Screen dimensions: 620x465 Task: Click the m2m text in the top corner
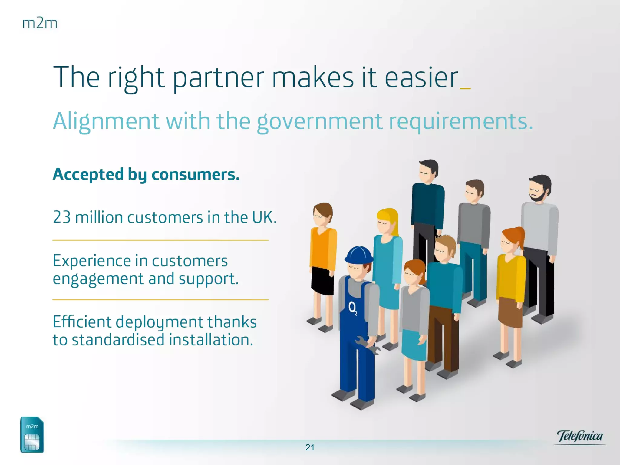40,23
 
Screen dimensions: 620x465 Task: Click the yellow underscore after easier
465,88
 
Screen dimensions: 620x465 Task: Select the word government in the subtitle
319,121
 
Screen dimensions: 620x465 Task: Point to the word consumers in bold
195,174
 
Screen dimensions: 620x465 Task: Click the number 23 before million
62,217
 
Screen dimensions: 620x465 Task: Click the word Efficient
82,322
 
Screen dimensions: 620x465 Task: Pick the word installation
211,339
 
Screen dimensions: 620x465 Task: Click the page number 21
310,447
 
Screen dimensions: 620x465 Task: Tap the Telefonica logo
580,437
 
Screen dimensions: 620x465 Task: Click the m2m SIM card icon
32,435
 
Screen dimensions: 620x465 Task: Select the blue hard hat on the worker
359,255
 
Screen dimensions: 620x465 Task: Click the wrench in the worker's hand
368,345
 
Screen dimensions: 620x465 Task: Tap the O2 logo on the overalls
353,308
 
